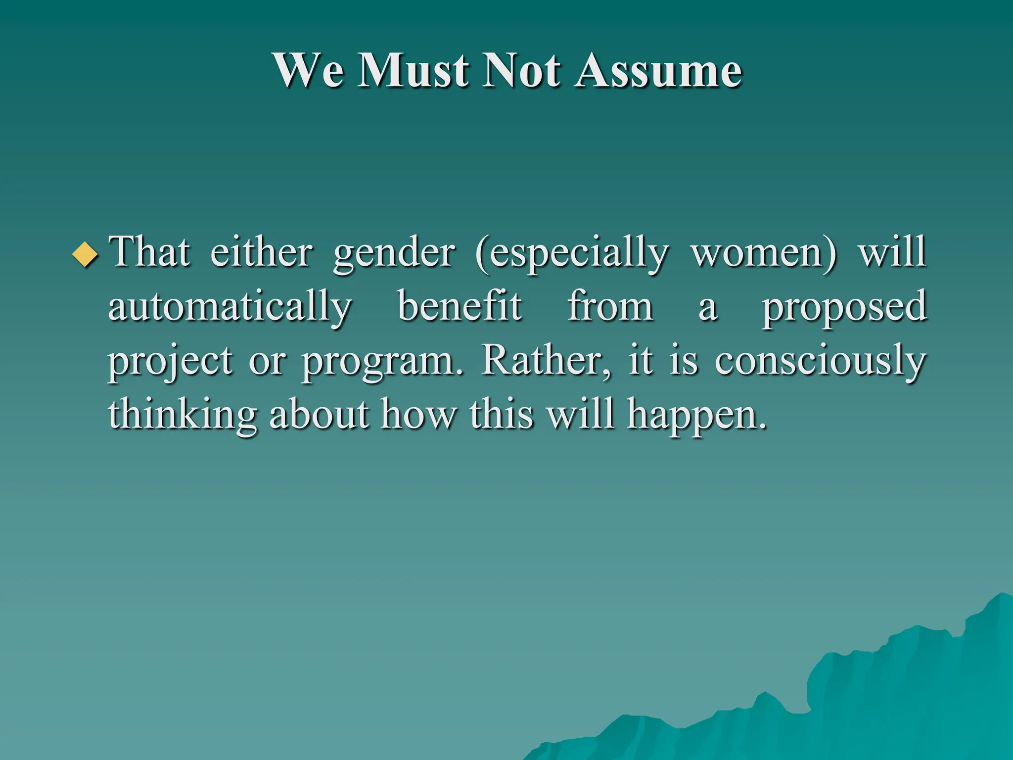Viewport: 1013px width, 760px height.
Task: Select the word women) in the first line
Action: point(764,252)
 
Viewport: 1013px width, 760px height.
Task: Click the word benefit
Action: point(460,306)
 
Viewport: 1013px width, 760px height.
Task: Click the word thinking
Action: point(183,416)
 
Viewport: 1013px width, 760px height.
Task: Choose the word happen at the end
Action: point(695,416)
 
